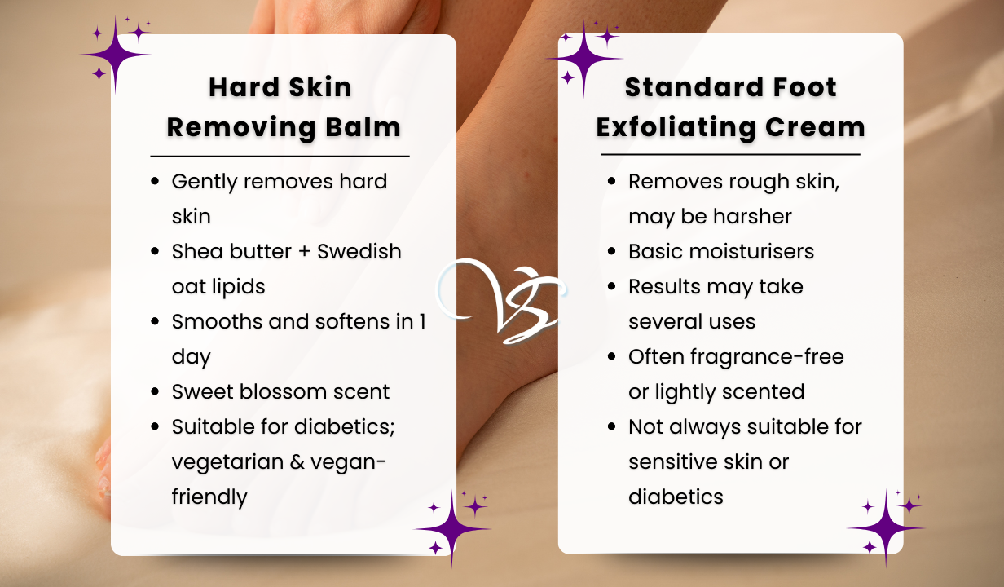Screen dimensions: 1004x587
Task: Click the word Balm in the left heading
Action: click(363, 127)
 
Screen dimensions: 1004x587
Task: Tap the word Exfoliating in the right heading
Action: click(676, 127)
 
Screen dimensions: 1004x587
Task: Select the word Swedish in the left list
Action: click(359, 251)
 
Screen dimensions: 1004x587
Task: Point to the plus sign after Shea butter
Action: click(304, 252)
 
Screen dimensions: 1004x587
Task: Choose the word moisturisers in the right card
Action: click(751, 251)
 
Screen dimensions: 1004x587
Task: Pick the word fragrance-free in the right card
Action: click(767, 357)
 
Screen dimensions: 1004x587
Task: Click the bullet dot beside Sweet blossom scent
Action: click(155, 391)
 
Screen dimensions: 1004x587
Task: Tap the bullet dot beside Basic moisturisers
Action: click(611, 251)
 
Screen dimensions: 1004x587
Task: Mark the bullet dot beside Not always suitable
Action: click(611, 426)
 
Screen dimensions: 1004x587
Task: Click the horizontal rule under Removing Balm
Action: click(280, 157)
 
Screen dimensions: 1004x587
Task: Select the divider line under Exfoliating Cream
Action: click(730, 154)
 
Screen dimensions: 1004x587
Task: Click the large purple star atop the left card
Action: click(116, 55)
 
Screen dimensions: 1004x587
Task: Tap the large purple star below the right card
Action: click(886, 528)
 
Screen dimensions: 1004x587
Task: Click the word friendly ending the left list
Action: click(209, 497)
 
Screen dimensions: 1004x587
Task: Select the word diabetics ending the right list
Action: click(676, 497)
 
